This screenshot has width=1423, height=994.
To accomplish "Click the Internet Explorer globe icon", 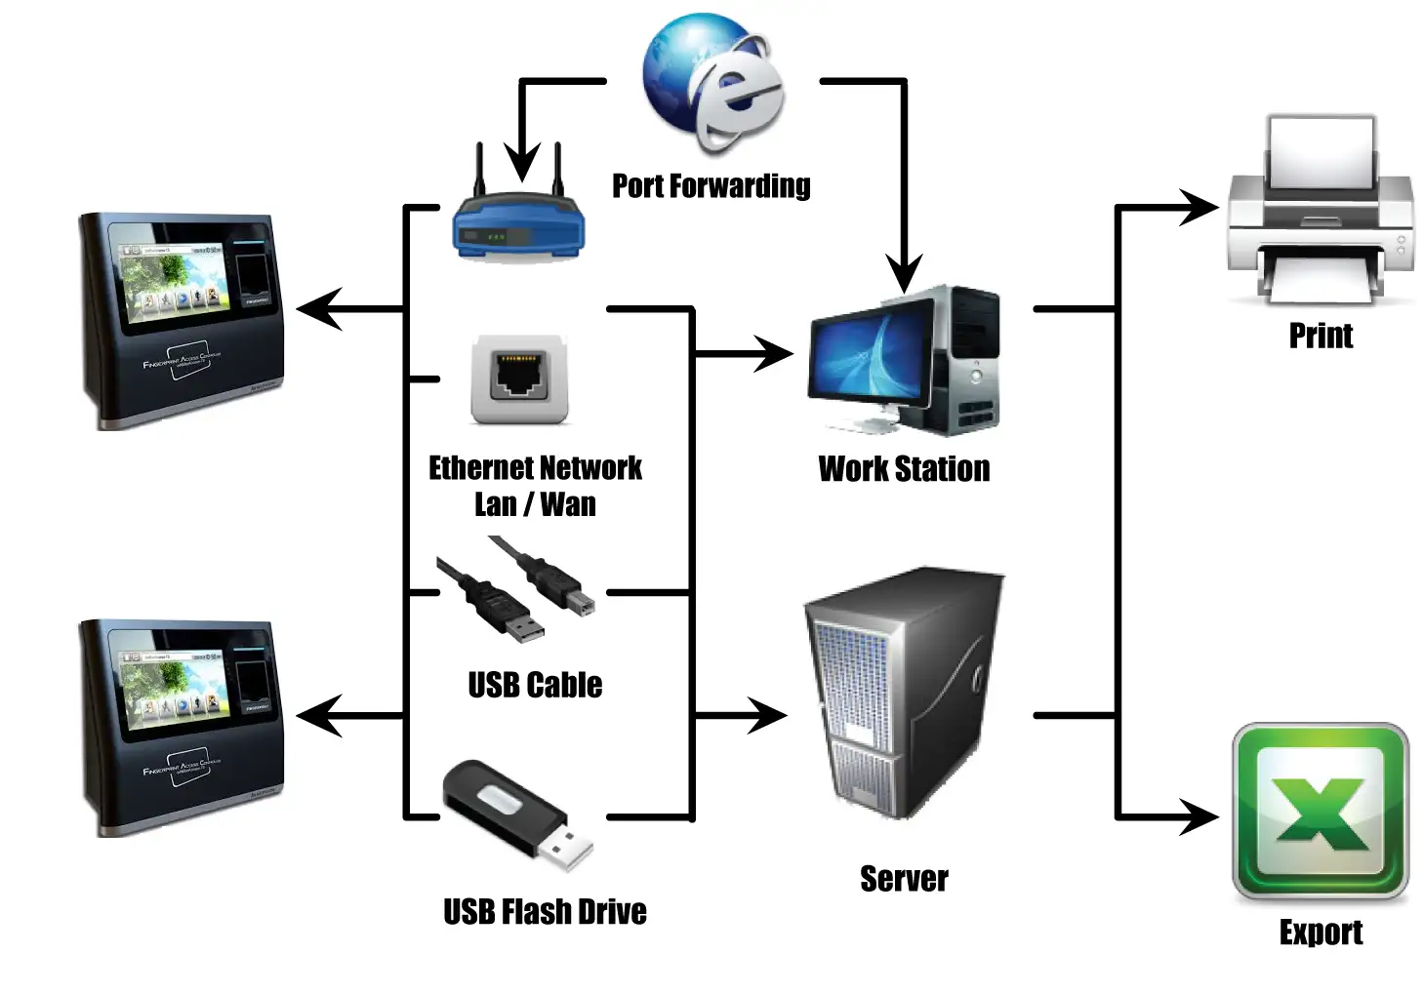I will click(x=713, y=83).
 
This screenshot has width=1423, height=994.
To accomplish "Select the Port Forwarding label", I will click(x=711, y=185).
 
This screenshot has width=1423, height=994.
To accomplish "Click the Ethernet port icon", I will click(x=519, y=379).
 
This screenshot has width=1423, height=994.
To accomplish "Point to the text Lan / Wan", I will click(x=535, y=504).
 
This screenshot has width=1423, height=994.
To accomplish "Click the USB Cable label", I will click(x=535, y=685).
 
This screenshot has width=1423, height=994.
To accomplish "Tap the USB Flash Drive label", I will click(x=545, y=912).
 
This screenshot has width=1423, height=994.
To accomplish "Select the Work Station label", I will click(x=904, y=469).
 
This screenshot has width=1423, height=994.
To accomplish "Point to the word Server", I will click(x=904, y=879).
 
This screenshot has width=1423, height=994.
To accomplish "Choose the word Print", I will click(x=1321, y=336).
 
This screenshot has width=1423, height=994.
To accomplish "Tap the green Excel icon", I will click(x=1321, y=812).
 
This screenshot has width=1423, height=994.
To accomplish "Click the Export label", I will click(x=1321, y=933).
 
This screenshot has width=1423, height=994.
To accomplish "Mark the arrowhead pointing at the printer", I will click(x=1200, y=207).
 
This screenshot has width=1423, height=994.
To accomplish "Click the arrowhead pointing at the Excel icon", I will click(x=1200, y=815).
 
